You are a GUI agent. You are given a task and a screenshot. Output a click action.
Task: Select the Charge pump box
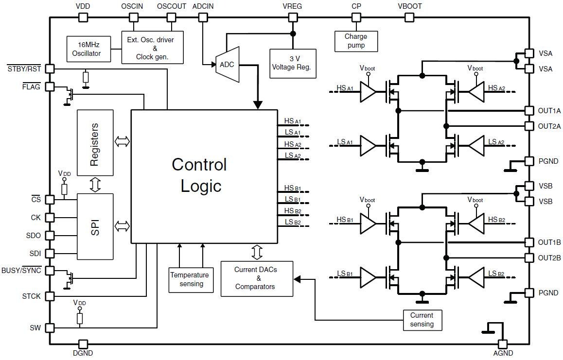point(356,41)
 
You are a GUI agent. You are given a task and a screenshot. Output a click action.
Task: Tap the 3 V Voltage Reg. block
point(293,63)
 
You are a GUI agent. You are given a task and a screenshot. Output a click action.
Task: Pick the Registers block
point(95,143)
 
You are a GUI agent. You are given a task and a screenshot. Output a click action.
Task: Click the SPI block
point(95,226)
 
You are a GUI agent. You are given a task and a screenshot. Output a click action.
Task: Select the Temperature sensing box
point(191,279)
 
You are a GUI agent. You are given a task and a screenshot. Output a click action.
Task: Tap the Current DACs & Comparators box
point(257,279)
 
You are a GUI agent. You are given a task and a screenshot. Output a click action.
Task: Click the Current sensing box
point(422,320)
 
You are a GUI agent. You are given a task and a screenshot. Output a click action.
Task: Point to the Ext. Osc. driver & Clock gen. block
point(153,48)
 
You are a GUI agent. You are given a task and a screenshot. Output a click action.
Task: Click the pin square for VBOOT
point(410,17)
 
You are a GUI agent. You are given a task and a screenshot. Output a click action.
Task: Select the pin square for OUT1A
point(529,111)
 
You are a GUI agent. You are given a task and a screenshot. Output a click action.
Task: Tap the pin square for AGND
point(503,343)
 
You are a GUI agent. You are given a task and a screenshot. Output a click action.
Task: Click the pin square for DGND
point(83,343)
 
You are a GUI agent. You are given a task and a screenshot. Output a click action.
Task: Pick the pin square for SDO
point(50,235)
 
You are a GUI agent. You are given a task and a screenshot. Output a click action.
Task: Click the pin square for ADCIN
point(203,17)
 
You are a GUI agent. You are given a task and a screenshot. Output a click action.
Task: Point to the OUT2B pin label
point(549,257)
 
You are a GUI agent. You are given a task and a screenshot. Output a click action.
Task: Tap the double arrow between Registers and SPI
point(95,185)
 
